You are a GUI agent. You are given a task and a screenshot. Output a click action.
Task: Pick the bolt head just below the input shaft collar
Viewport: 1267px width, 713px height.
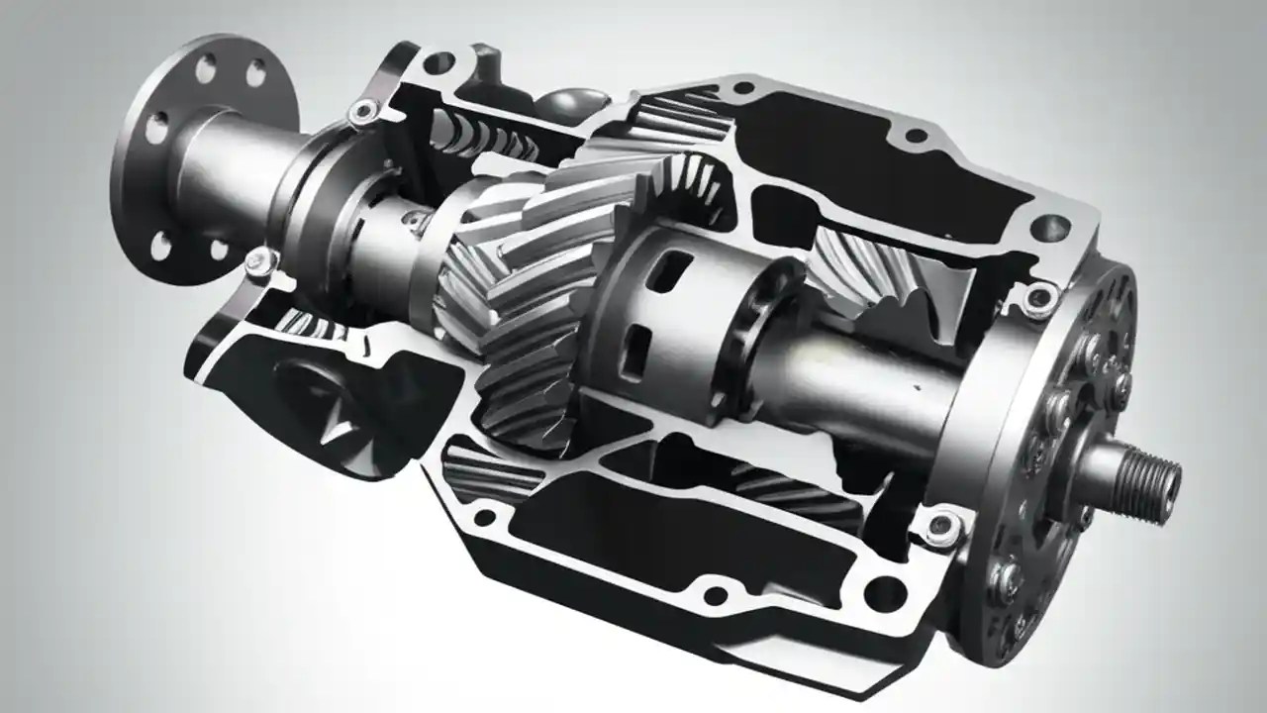pyautogui.click(x=259, y=260)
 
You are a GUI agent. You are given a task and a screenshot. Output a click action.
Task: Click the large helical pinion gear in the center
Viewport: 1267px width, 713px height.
pyautogui.click(x=515, y=297)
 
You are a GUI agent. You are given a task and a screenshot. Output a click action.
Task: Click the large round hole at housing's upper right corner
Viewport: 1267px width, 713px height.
pyautogui.click(x=1049, y=229)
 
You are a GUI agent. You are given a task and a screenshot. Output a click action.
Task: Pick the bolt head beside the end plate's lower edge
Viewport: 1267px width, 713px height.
pyautogui.click(x=946, y=525)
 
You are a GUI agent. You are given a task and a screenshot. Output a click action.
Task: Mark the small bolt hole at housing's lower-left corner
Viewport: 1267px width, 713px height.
pyautogui.click(x=485, y=517)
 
